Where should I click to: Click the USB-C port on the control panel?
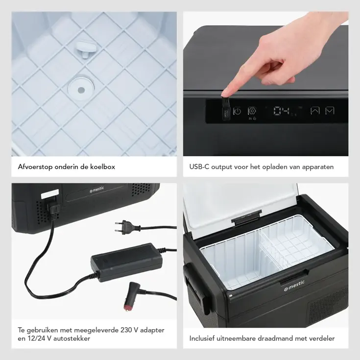coord(226,113)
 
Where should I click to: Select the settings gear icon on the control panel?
coord(252,111)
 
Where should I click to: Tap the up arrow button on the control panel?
coord(315,111)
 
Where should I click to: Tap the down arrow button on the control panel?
coord(330,111)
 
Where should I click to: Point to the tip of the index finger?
coord(223,95)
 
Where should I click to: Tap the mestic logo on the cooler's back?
coord(97,190)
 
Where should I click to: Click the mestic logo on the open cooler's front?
coord(294,286)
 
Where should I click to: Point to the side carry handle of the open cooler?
coord(197,288)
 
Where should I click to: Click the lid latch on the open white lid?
coord(246,217)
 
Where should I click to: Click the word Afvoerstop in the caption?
coord(35,167)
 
